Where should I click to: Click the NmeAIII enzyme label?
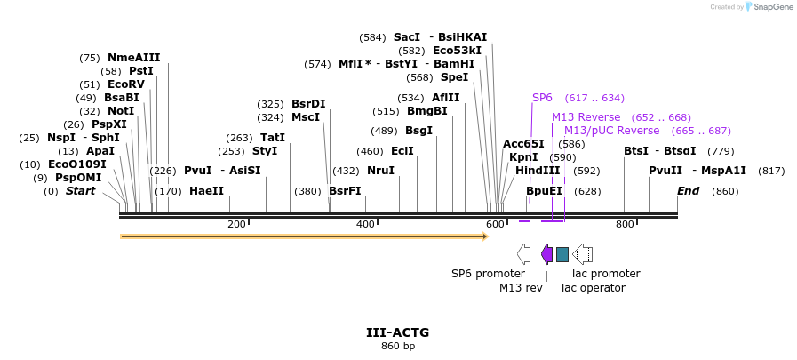pyautogui.click(x=133, y=58)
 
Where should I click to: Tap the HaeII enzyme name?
pyautogui.click(x=206, y=191)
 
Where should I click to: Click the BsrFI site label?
pyautogui.click(x=345, y=191)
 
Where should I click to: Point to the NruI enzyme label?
pyautogui.click(x=380, y=171)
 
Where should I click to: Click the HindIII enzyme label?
pyautogui.click(x=538, y=171)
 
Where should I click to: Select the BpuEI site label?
pyautogui.click(x=544, y=191)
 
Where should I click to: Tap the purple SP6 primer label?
pyautogui.click(x=542, y=98)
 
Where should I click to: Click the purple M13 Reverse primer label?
pyautogui.click(x=586, y=117)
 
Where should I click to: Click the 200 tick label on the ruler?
pyautogui.click(x=236, y=224)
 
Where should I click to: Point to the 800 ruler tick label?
pyautogui.click(x=625, y=224)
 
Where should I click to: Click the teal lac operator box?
pyautogui.click(x=562, y=255)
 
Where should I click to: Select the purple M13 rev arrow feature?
pyautogui.click(x=546, y=255)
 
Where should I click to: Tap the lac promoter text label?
pyautogui.click(x=606, y=274)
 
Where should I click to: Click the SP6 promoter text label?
pyautogui.click(x=488, y=274)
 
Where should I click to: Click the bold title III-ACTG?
pyautogui.click(x=397, y=332)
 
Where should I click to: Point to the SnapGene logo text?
pyautogui.click(x=769, y=7)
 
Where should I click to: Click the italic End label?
pyautogui.click(x=688, y=191)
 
